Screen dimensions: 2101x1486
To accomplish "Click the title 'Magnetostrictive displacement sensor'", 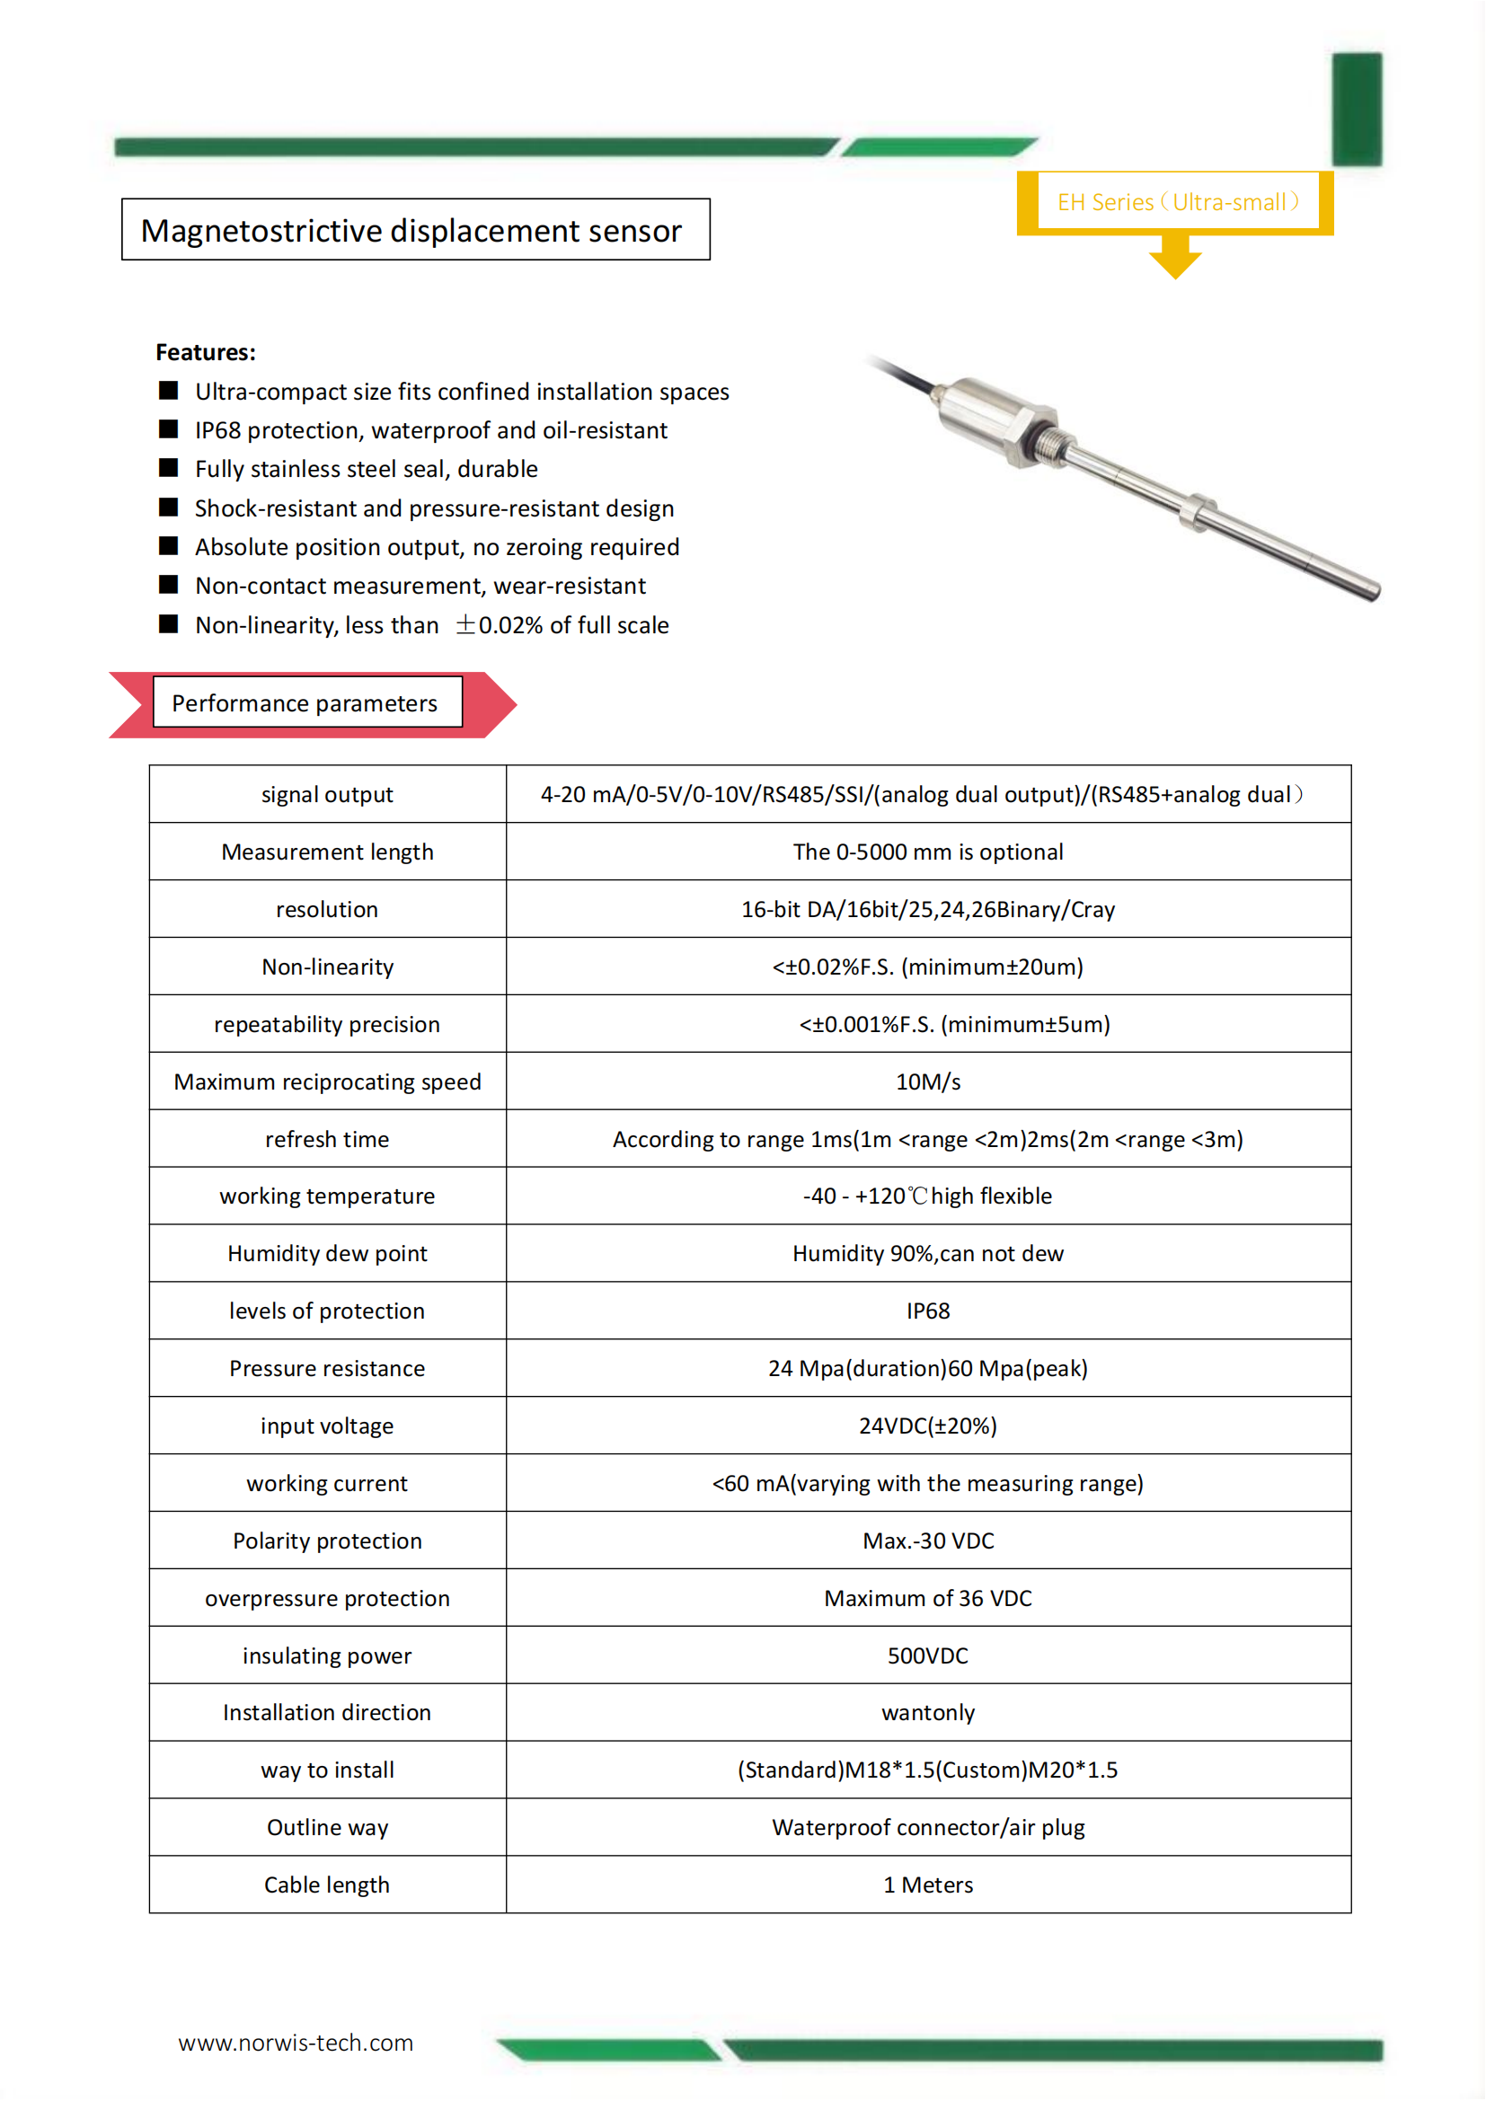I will pos(411,231).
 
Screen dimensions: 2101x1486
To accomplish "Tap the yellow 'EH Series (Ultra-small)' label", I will pos(1178,202).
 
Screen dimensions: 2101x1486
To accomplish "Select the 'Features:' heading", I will pos(206,352).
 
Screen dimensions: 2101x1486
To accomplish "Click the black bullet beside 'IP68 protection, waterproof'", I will pos(168,429).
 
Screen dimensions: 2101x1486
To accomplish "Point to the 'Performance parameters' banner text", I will pos(305,702).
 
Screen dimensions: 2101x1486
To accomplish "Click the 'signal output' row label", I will pos(327,794).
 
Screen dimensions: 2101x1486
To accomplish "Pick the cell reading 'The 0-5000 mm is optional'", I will pos(927,852).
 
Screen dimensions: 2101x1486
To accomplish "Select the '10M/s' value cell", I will pos(927,1081).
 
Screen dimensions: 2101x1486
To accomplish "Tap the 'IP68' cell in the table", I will pos(927,1311).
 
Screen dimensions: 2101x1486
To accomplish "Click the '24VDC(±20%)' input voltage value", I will pos(927,1426).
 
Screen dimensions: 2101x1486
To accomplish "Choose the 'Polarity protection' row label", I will pos(327,1541).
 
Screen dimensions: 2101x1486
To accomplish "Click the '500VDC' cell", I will pos(927,1655).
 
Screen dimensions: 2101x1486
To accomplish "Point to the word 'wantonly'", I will pos(927,1712).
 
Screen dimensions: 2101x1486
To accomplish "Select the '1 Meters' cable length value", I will pos(927,1885).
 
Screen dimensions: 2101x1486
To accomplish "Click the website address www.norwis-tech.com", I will pos(296,2043).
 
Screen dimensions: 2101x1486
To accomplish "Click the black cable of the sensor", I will pos(906,375).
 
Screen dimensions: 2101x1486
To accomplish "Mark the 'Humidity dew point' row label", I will pos(327,1254).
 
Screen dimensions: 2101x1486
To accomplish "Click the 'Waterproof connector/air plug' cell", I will pos(927,1827).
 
